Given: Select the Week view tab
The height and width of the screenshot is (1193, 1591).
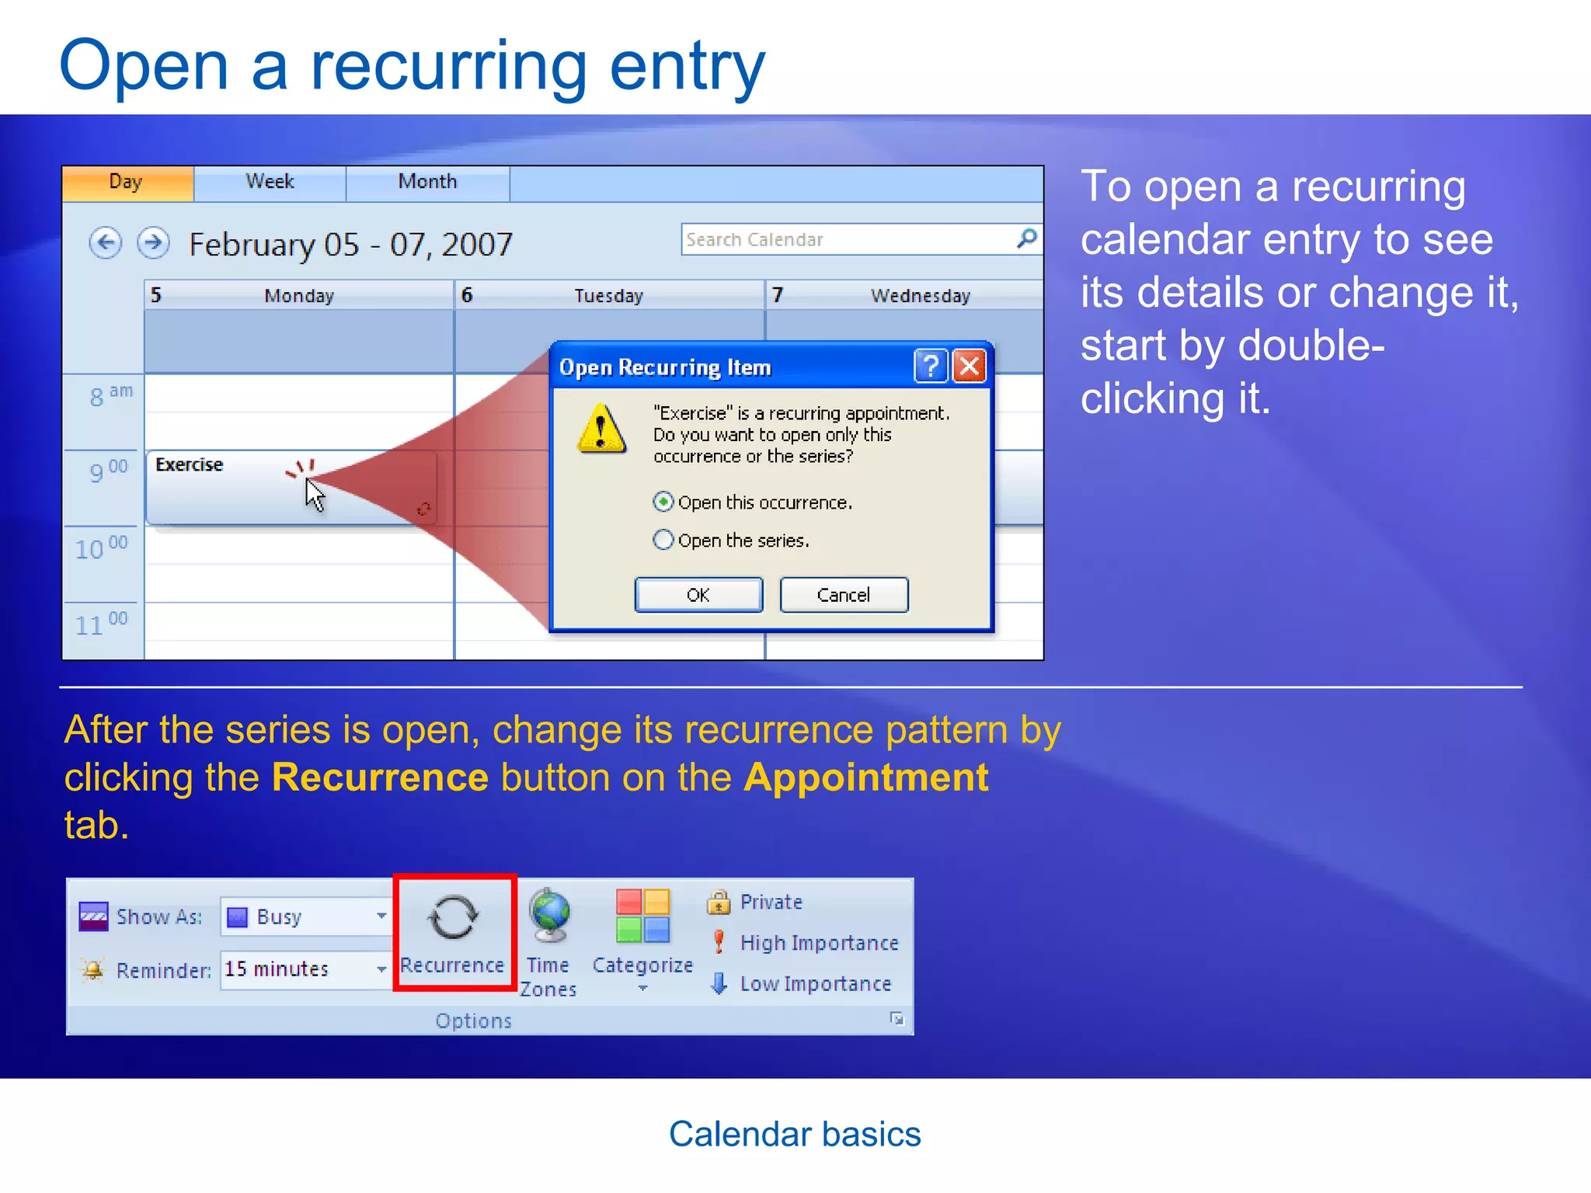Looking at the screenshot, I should pyautogui.click(x=270, y=183).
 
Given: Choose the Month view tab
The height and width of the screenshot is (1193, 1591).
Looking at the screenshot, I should pyautogui.click(x=427, y=183).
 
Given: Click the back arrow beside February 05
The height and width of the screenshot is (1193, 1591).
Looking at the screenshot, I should pyautogui.click(x=106, y=243).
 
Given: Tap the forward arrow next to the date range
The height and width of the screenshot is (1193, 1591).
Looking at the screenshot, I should pyautogui.click(x=153, y=243).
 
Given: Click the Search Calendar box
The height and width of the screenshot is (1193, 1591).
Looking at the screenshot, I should pyautogui.click(x=847, y=240).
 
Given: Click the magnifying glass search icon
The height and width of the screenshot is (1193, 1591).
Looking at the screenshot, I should pyautogui.click(x=1027, y=238).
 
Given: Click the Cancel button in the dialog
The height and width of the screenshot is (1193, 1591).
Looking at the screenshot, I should pyautogui.click(x=844, y=595).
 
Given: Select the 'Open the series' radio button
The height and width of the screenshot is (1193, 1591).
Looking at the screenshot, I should pyautogui.click(x=663, y=540).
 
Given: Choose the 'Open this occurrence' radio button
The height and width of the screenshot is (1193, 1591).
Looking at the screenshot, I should pyautogui.click(x=663, y=503).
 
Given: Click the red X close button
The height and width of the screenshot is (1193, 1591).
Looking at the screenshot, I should pyautogui.click(x=970, y=366).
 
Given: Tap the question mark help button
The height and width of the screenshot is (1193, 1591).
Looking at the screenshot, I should pyautogui.click(x=931, y=366).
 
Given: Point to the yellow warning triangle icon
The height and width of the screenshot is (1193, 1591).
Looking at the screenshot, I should pyautogui.click(x=601, y=429).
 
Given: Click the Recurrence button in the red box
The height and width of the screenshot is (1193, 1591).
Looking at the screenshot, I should pyautogui.click(x=454, y=932).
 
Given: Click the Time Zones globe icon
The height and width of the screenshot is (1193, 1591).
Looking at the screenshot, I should pyautogui.click(x=549, y=916).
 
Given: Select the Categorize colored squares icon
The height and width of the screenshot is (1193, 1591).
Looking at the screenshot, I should pyautogui.click(x=642, y=916).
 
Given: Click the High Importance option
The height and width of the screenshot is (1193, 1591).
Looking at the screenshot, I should pyautogui.click(x=819, y=943).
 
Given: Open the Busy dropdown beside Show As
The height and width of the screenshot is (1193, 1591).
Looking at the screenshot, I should pyautogui.click(x=381, y=916).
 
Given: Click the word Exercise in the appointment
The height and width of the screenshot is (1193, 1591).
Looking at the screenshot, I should pyautogui.click(x=189, y=464).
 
